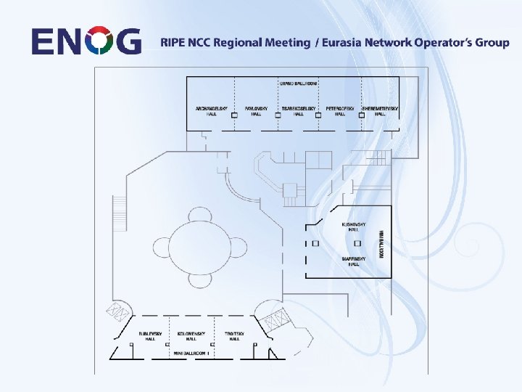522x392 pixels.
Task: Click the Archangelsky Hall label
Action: [212, 111]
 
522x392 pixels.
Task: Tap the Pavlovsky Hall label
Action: [256, 111]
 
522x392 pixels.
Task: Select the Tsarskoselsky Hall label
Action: [299, 111]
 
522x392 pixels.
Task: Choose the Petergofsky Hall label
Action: [339, 111]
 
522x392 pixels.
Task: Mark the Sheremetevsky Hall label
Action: [380, 111]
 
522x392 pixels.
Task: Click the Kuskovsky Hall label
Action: [353, 227]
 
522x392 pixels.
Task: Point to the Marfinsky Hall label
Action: [353, 261]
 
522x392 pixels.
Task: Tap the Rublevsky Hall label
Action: [150, 336]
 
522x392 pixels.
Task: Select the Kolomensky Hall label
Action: [191, 336]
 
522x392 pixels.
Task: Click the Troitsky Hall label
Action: [234, 336]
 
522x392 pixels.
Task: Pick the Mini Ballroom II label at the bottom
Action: [191, 353]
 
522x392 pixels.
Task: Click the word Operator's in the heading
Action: [444, 42]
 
